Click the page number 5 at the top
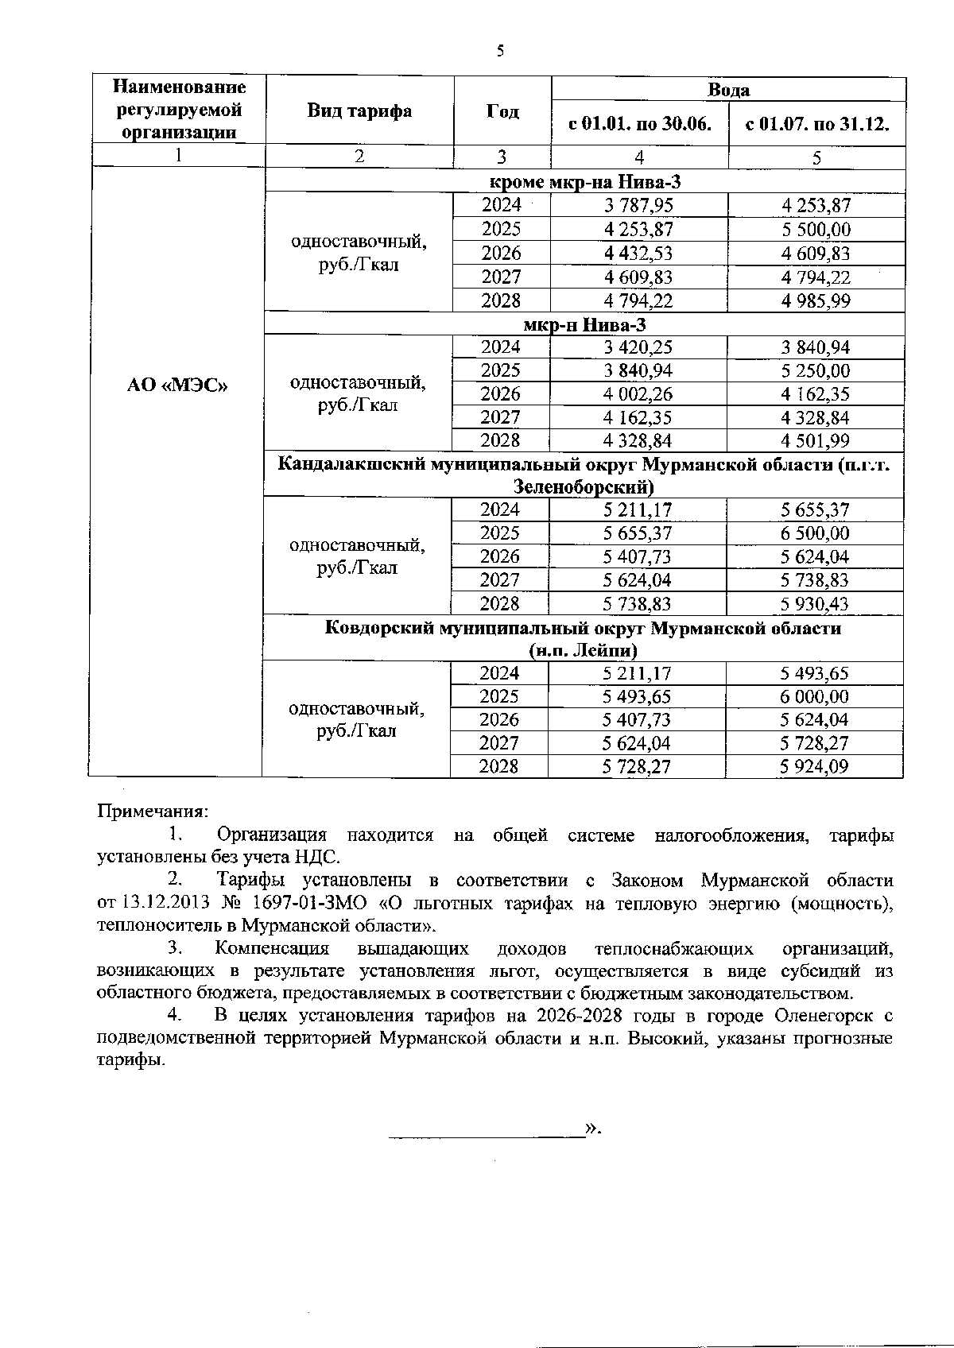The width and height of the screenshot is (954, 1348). tap(500, 52)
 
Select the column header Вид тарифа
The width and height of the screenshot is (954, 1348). tap(359, 110)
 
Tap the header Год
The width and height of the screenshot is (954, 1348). tap(502, 111)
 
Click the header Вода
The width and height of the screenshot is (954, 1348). tap(728, 89)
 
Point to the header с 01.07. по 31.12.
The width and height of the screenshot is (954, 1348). tap(816, 124)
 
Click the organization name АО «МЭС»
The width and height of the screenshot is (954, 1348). tap(177, 385)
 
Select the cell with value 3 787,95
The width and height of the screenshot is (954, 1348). tap(638, 206)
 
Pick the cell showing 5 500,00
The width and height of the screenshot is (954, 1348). tap(816, 230)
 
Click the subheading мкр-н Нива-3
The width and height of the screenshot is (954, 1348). tap(584, 324)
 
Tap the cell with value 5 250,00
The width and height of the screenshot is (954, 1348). tap(816, 370)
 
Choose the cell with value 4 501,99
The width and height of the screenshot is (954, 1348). tap(816, 440)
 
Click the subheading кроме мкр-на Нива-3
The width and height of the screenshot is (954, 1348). tap(584, 183)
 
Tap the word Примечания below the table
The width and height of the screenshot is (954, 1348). tap(152, 812)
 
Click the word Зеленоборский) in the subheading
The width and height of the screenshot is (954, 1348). tap(584, 486)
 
